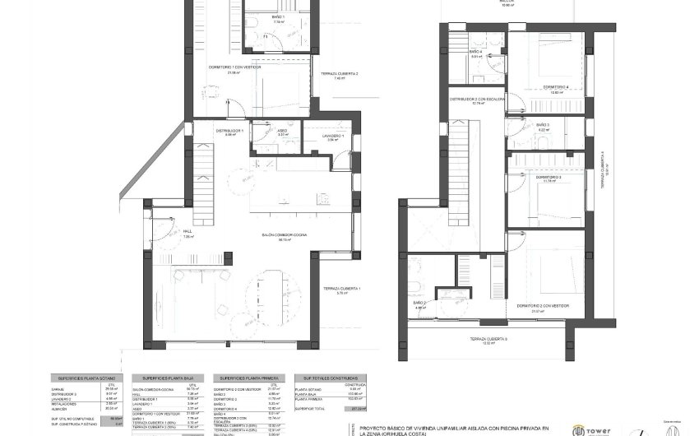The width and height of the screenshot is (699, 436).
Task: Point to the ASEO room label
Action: pos(281,131)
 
